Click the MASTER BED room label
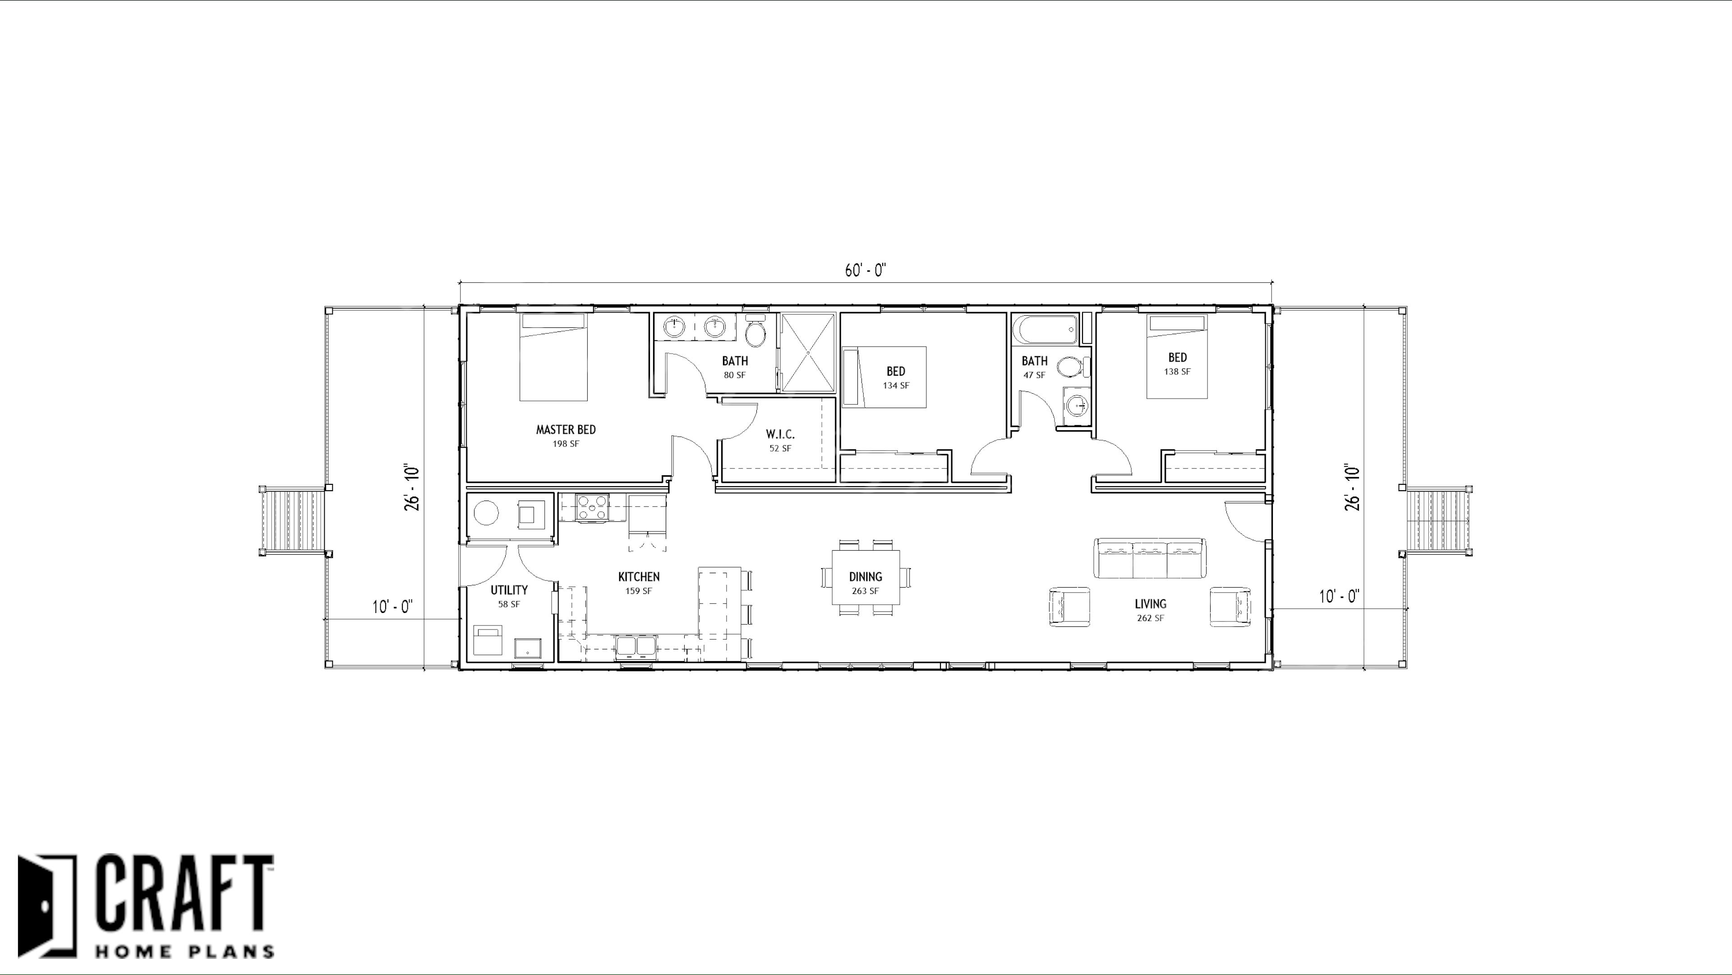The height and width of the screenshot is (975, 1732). click(x=566, y=430)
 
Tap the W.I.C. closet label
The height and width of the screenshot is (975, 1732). click(x=780, y=434)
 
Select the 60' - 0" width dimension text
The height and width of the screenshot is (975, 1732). click(x=866, y=270)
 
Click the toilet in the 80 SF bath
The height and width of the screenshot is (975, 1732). click(x=756, y=330)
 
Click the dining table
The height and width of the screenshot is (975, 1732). click(x=866, y=577)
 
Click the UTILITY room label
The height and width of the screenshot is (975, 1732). click(x=509, y=590)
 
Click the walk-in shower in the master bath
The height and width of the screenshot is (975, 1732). click(x=807, y=352)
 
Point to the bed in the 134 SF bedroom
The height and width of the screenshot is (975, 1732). click(x=884, y=377)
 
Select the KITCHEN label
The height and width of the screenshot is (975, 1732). click(x=639, y=577)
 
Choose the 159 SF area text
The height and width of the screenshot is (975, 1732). click(x=639, y=591)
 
